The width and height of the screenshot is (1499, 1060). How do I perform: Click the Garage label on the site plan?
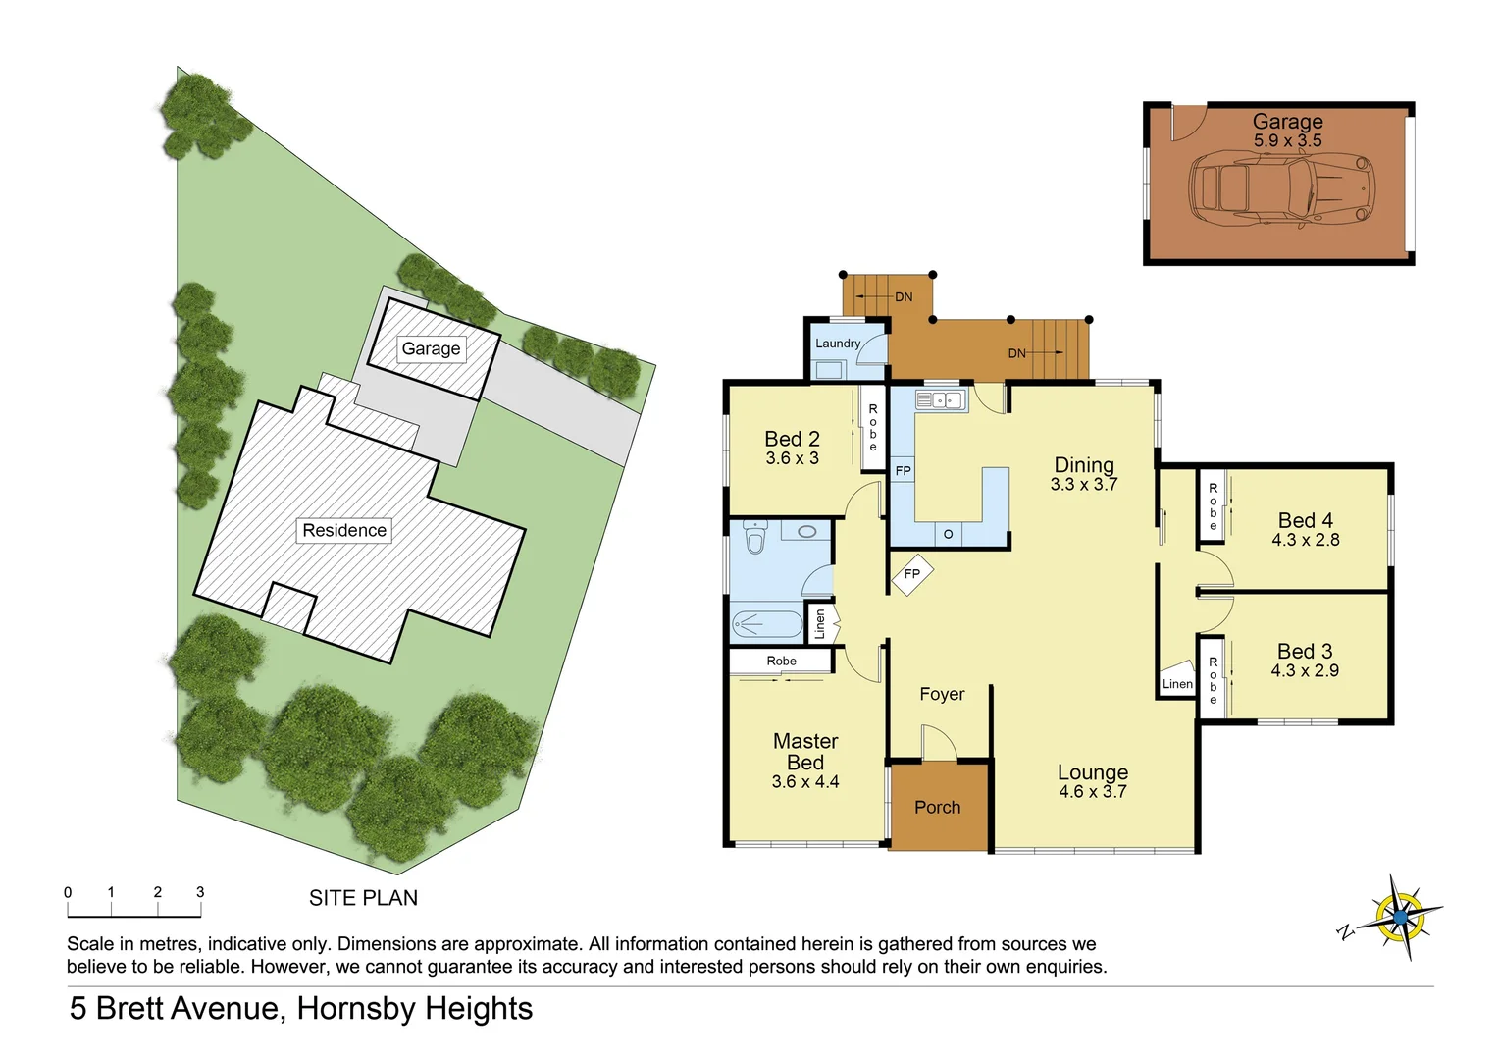point(431,348)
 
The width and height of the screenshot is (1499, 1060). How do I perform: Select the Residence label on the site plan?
point(344,530)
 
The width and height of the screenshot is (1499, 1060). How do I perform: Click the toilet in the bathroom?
point(754,539)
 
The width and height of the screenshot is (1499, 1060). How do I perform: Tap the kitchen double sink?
point(941,400)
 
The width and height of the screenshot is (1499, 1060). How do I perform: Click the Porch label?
point(937,807)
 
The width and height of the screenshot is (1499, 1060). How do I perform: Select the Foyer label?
point(942,694)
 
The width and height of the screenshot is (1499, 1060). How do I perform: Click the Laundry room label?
point(838,344)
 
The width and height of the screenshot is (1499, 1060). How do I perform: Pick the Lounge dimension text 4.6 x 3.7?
point(1093,792)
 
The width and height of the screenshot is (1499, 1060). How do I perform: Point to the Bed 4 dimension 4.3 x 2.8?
point(1305,540)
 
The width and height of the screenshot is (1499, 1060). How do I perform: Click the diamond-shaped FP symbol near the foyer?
point(912,574)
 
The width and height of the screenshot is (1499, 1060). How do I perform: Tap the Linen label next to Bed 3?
point(1177,684)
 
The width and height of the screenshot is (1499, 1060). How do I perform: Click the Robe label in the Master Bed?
point(781,661)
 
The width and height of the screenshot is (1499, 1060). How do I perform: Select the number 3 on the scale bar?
point(200,892)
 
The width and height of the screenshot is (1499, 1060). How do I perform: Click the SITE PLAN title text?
point(363,898)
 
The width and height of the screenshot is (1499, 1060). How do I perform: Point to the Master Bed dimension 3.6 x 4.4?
point(805,782)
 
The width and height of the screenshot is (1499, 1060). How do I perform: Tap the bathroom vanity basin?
point(806,531)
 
